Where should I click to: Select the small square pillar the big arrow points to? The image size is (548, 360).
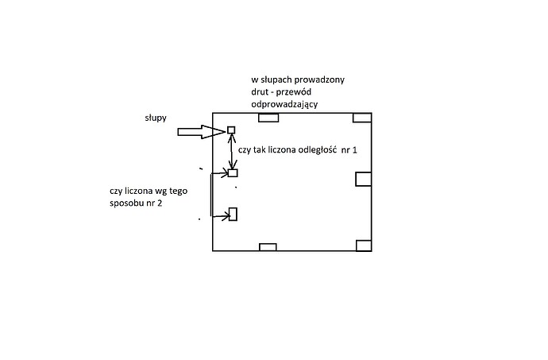[x=232, y=130]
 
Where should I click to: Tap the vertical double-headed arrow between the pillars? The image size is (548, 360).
[x=232, y=151]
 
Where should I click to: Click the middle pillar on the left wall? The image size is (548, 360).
[x=233, y=172]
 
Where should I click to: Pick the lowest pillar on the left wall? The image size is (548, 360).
[x=233, y=214]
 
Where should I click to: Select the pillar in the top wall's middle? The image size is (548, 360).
[x=268, y=118]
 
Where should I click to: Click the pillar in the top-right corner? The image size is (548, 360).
[x=363, y=118]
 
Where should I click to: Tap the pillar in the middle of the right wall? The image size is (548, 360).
[x=363, y=178]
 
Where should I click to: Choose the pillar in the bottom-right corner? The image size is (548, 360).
[x=364, y=245]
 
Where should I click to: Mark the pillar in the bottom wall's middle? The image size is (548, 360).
[x=268, y=246]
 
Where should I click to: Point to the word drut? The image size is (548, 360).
[x=259, y=95]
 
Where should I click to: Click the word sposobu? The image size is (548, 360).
[x=128, y=204]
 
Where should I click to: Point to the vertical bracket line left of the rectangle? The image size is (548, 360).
[x=210, y=195]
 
